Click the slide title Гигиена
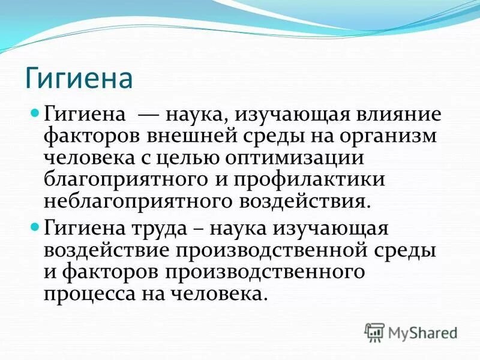click(78, 79)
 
